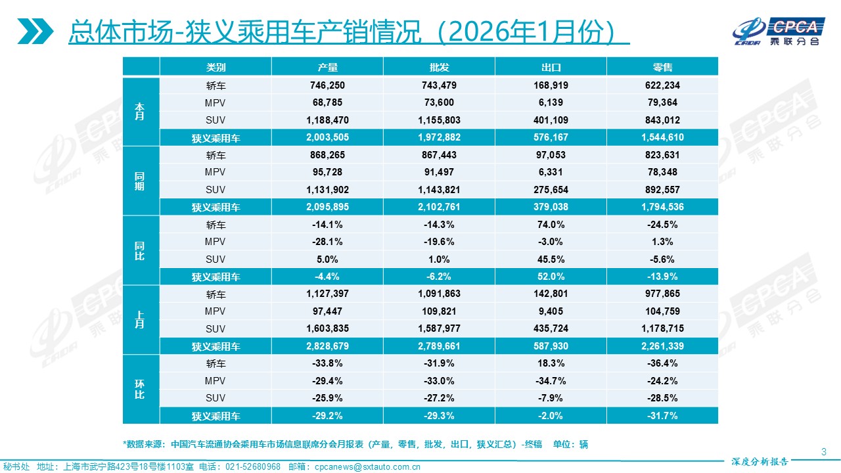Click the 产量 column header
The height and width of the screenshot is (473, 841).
coord(327,68)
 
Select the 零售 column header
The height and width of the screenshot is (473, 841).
coord(662,68)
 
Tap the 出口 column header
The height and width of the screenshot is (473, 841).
coord(551,68)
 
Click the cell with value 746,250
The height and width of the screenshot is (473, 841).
coord(327,85)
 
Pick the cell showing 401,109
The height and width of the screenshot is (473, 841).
coord(551,120)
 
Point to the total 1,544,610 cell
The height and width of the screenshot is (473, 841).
coord(662,137)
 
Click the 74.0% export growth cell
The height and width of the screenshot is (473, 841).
coord(551,224)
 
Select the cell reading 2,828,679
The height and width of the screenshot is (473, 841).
coord(327,346)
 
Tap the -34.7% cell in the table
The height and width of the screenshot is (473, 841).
coord(551,381)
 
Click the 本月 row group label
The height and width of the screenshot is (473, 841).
coord(141,111)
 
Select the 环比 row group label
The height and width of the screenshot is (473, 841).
coord(141,390)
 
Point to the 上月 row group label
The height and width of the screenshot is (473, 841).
coord(141,320)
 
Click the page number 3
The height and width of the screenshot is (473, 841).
coord(823,451)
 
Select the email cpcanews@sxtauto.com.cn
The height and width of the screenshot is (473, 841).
coord(367,467)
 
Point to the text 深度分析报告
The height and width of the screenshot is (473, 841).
coord(760,461)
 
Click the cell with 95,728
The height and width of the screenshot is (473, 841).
coord(327,172)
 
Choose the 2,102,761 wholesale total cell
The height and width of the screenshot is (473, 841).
coord(439,207)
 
